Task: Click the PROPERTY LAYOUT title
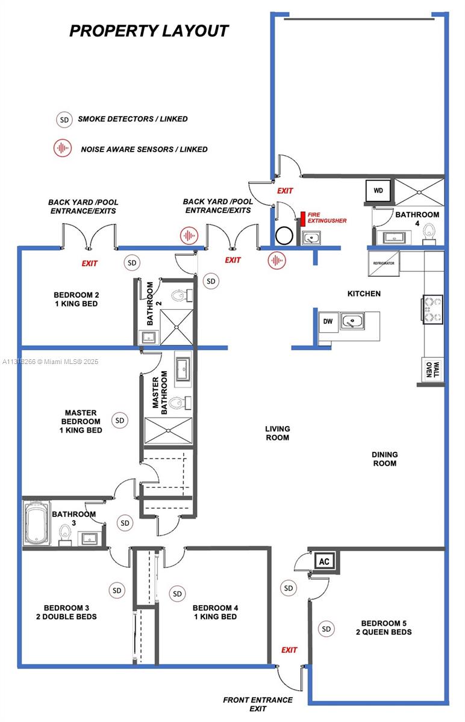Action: (149, 31)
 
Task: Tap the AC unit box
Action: (324, 561)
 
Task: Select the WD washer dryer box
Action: (378, 191)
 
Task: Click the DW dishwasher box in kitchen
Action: (328, 322)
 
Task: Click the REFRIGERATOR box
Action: (384, 263)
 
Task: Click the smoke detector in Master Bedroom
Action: (120, 421)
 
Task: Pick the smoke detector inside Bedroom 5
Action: (326, 629)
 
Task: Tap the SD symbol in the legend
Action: (64, 119)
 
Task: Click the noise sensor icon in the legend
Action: (62, 149)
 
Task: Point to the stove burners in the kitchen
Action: (433, 308)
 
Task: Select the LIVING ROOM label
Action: (277, 433)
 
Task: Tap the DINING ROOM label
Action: (384, 459)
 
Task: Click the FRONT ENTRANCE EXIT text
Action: (258, 704)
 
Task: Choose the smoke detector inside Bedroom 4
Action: (177, 594)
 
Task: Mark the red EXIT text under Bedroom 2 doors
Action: (90, 264)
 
